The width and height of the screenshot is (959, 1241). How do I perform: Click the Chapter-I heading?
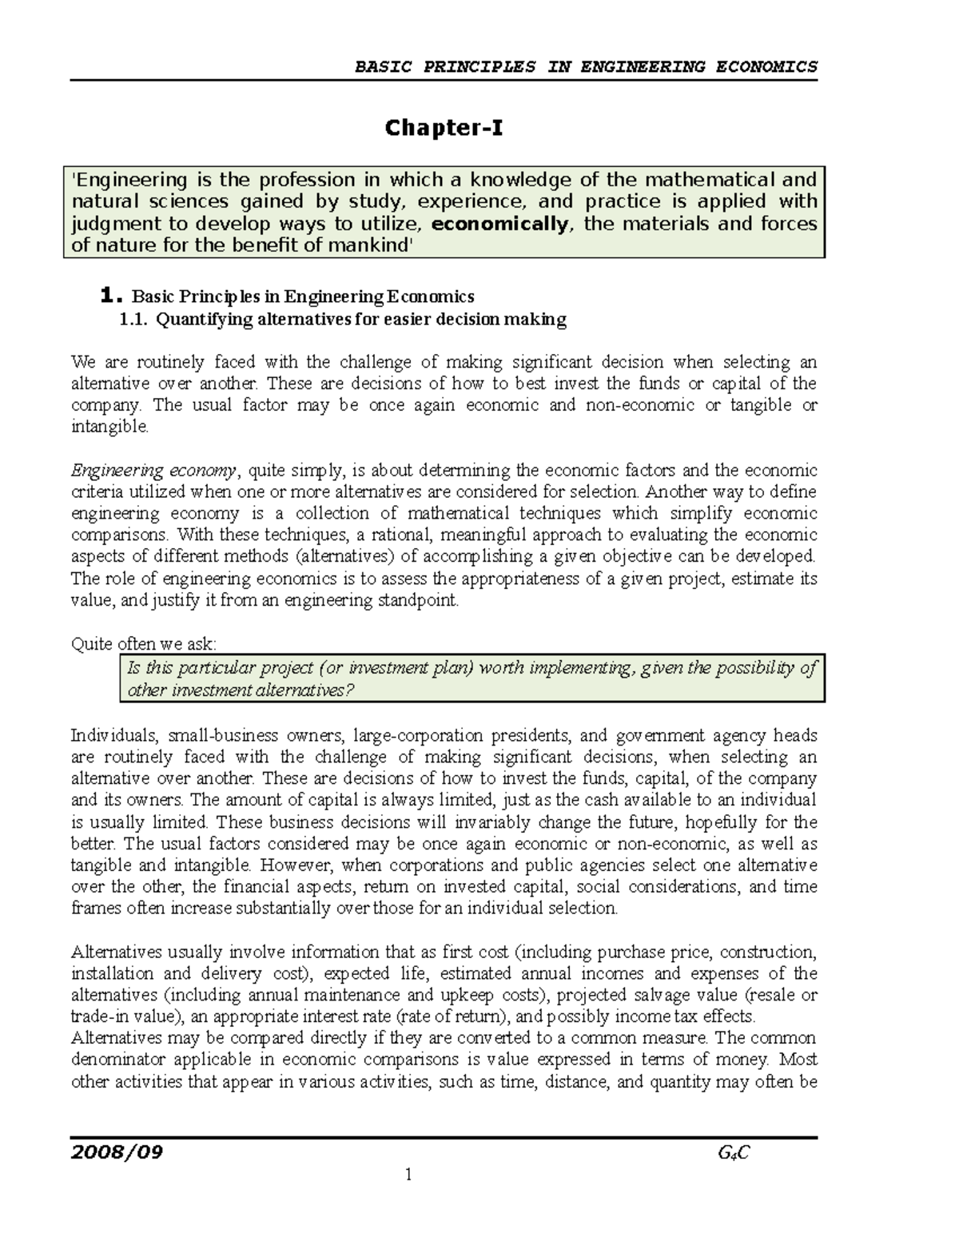tap(444, 128)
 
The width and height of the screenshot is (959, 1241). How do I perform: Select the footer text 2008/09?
tap(117, 1152)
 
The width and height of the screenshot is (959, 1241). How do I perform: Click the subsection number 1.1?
tap(133, 320)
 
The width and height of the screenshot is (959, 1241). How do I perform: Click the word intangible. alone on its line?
tap(109, 427)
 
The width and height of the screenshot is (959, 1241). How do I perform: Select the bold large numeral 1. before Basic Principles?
tap(112, 296)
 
